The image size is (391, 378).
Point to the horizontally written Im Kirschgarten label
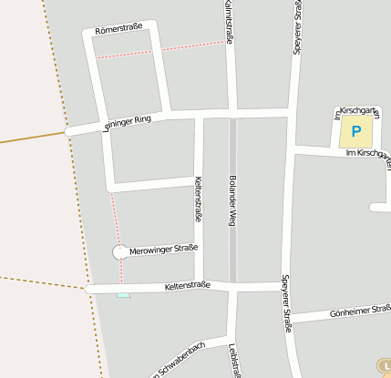(x=368, y=153)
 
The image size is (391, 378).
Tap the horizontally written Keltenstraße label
(x=187, y=286)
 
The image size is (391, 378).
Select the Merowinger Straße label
(x=164, y=249)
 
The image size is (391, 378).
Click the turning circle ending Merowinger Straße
(x=120, y=252)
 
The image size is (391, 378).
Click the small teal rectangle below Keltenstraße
(x=123, y=295)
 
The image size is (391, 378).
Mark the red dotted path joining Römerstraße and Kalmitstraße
(x=160, y=49)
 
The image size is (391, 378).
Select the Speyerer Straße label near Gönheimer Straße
(x=285, y=302)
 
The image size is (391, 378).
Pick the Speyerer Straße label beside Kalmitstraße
(x=297, y=27)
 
